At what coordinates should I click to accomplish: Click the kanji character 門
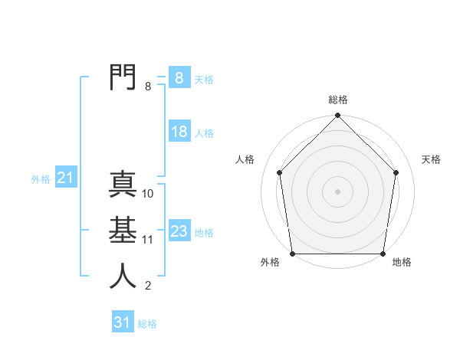point(123,77)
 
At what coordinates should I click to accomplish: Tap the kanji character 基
point(123,230)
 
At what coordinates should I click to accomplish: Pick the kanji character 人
point(123,276)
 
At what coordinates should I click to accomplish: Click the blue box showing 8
point(179,77)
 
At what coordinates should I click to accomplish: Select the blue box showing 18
point(179,132)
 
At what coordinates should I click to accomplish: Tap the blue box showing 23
point(179,231)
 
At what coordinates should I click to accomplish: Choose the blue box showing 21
point(65,178)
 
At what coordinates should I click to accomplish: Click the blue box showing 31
point(122,322)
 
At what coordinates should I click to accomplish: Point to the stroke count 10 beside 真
point(148,194)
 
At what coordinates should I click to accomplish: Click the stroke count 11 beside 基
point(148,240)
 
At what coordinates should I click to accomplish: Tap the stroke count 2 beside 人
point(148,286)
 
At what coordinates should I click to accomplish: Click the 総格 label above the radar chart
point(338,100)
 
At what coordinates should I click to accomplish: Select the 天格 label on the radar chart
point(432,159)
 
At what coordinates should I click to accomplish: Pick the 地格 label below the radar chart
point(402,263)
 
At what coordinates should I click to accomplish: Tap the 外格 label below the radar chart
point(270,263)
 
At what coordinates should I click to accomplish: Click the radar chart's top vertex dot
point(338,116)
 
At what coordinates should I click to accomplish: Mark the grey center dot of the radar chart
point(338,191)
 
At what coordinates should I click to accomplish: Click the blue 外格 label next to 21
point(41,179)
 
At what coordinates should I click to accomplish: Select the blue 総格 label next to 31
point(147,324)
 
